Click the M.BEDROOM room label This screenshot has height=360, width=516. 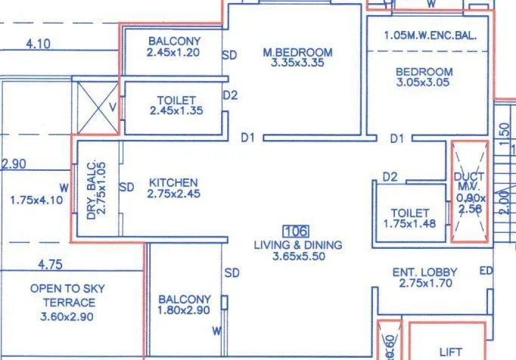297,52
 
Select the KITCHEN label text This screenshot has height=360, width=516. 173,183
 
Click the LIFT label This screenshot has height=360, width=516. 450,352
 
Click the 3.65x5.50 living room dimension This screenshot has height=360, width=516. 297,256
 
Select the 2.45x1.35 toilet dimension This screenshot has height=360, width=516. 176,110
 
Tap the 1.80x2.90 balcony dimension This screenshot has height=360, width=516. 184,310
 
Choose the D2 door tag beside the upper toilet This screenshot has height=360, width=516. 230,96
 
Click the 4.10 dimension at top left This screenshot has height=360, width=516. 38,44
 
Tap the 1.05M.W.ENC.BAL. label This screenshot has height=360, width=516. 428,35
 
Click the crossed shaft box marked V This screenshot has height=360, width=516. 98,107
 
